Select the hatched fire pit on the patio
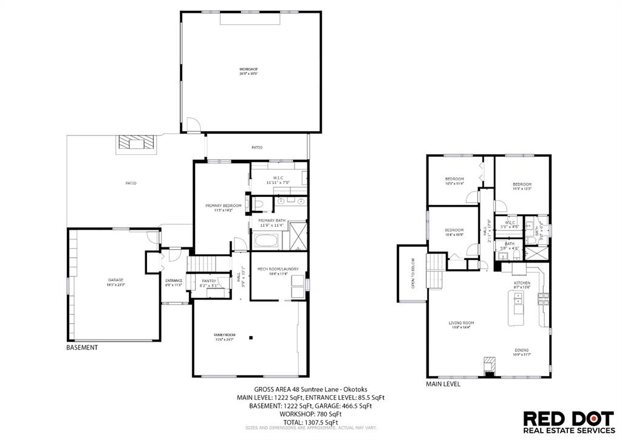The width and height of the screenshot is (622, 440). (x=137, y=143)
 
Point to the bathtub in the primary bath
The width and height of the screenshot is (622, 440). (x=265, y=241)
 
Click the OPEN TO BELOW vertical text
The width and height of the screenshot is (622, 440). (x=412, y=273)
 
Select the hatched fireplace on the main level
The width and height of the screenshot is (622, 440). (x=488, y=365)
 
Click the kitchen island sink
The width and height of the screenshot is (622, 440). (x=518, y=298)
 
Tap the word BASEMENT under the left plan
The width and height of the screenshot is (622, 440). (x=81, y=348)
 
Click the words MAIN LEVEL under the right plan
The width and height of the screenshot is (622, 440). (x=442, y=384)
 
